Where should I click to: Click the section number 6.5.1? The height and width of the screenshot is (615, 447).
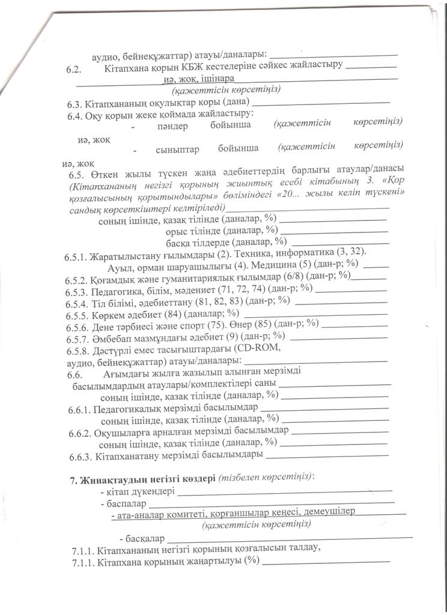pyautogui.click(x=76, y=258)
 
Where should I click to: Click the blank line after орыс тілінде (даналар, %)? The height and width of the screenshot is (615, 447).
pyautogui.click(x=334, y=231)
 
